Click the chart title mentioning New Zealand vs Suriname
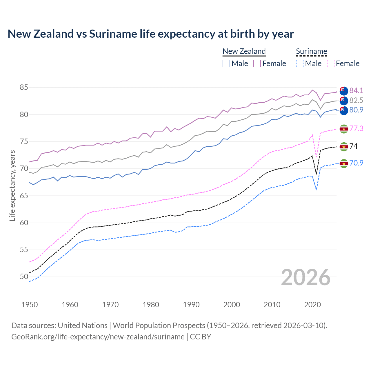pos(151,34)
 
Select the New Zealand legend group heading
pos(244,52)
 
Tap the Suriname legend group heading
pos(311,52)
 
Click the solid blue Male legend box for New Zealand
pos(226,63)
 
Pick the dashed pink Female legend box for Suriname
pos(331,63)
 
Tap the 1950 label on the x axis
pos(30,305)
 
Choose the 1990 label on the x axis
pos(191,305)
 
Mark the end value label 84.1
pos(356,90)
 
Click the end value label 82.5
pos(356,100)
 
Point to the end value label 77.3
pos(356,128)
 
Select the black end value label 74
pos(354,146)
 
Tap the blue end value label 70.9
pos(356,163)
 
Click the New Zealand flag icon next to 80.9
pos(344,110)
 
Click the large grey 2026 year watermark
pos(305,277)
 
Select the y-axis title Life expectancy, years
pos(12,185)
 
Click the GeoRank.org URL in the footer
pos(98,337)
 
